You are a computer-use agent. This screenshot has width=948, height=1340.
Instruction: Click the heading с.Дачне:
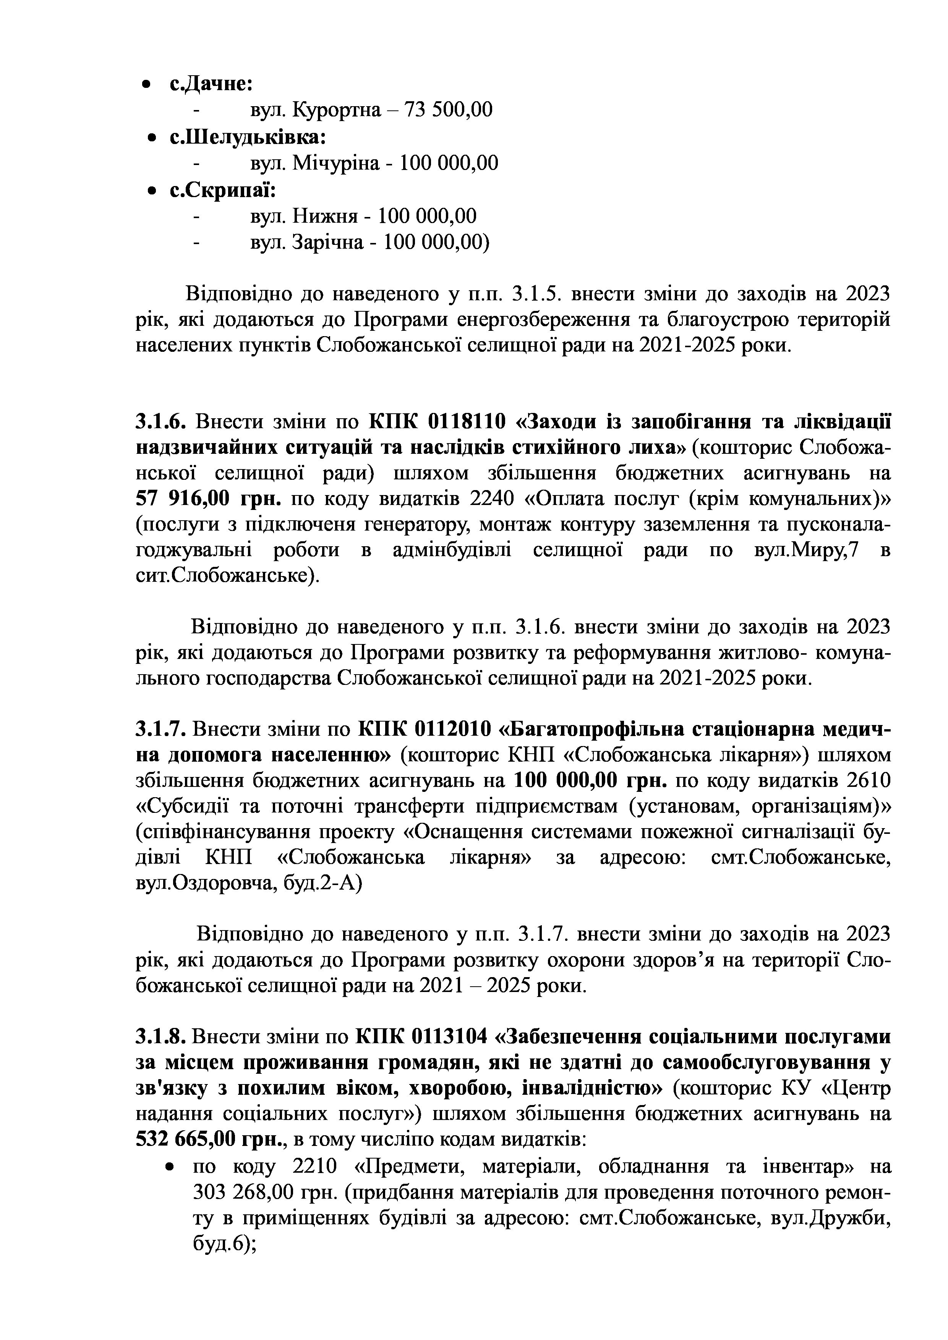click(210, 83)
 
